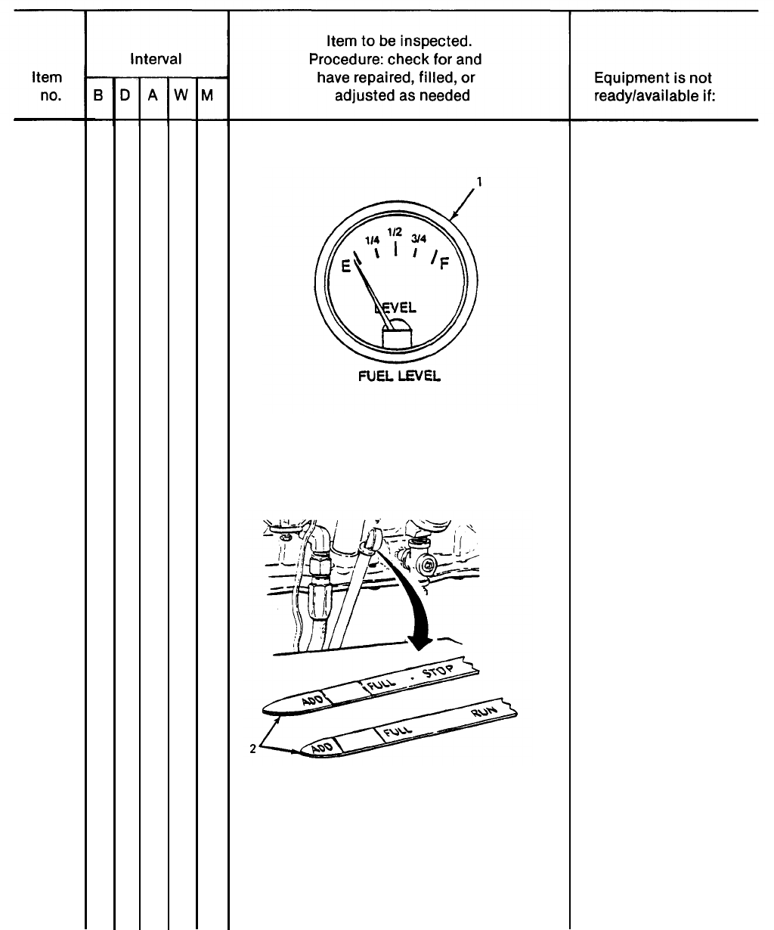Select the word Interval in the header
point(156,59)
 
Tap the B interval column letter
point(99,96)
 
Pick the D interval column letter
point(125,96)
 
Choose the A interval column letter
point(153,96)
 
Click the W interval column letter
point(181,96)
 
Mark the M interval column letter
point(207,96)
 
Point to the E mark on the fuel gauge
point(346,266)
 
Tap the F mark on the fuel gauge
point(443,265)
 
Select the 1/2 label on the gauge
point(394,231)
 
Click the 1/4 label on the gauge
point(372,239)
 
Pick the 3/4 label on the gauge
point(419,239)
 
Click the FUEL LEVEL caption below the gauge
point(399,376)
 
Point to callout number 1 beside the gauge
point(478,181)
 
